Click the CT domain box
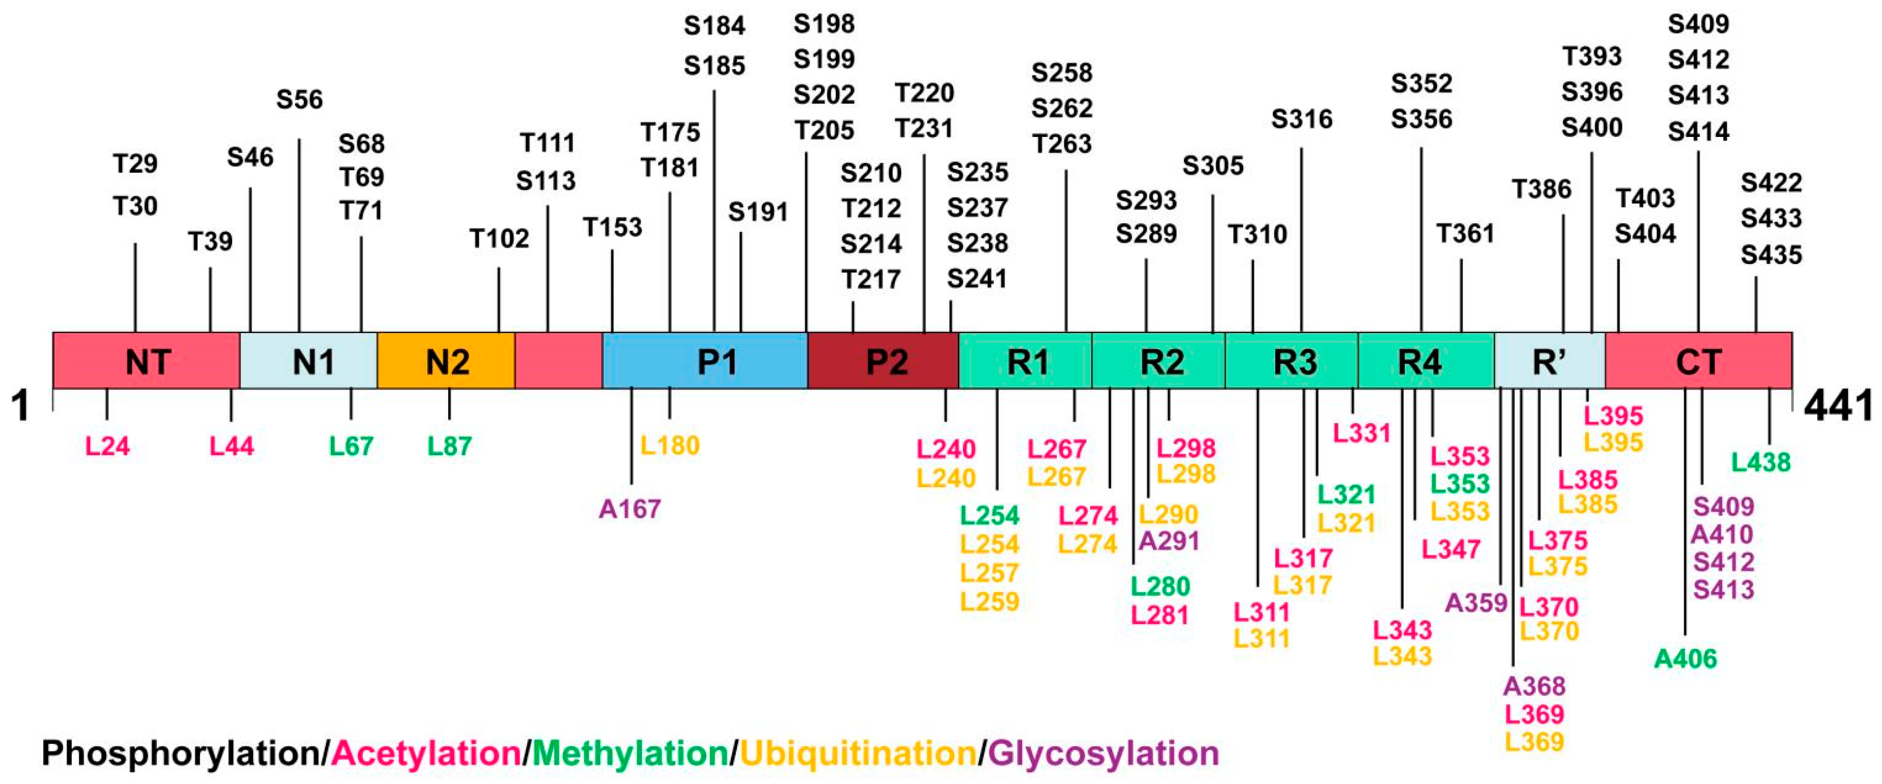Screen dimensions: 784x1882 point(1699,361)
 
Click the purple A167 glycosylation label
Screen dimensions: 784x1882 point(630,508)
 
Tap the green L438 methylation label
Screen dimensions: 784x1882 point(1761,462)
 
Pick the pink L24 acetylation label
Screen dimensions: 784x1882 point(108,446)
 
